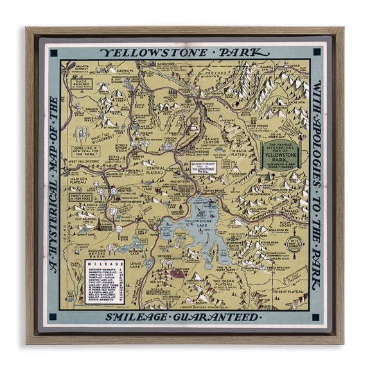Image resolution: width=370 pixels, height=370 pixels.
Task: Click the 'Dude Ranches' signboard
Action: pyautogui.click(x=82, y=85)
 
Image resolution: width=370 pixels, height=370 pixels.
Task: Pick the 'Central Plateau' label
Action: pyautogui.click(x=155, y=170)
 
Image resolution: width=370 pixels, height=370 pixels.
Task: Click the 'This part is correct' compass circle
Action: pyautogui.click(x=293, y=244)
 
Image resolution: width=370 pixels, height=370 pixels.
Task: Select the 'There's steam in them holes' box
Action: pyautogui.click(x=82, y=197)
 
